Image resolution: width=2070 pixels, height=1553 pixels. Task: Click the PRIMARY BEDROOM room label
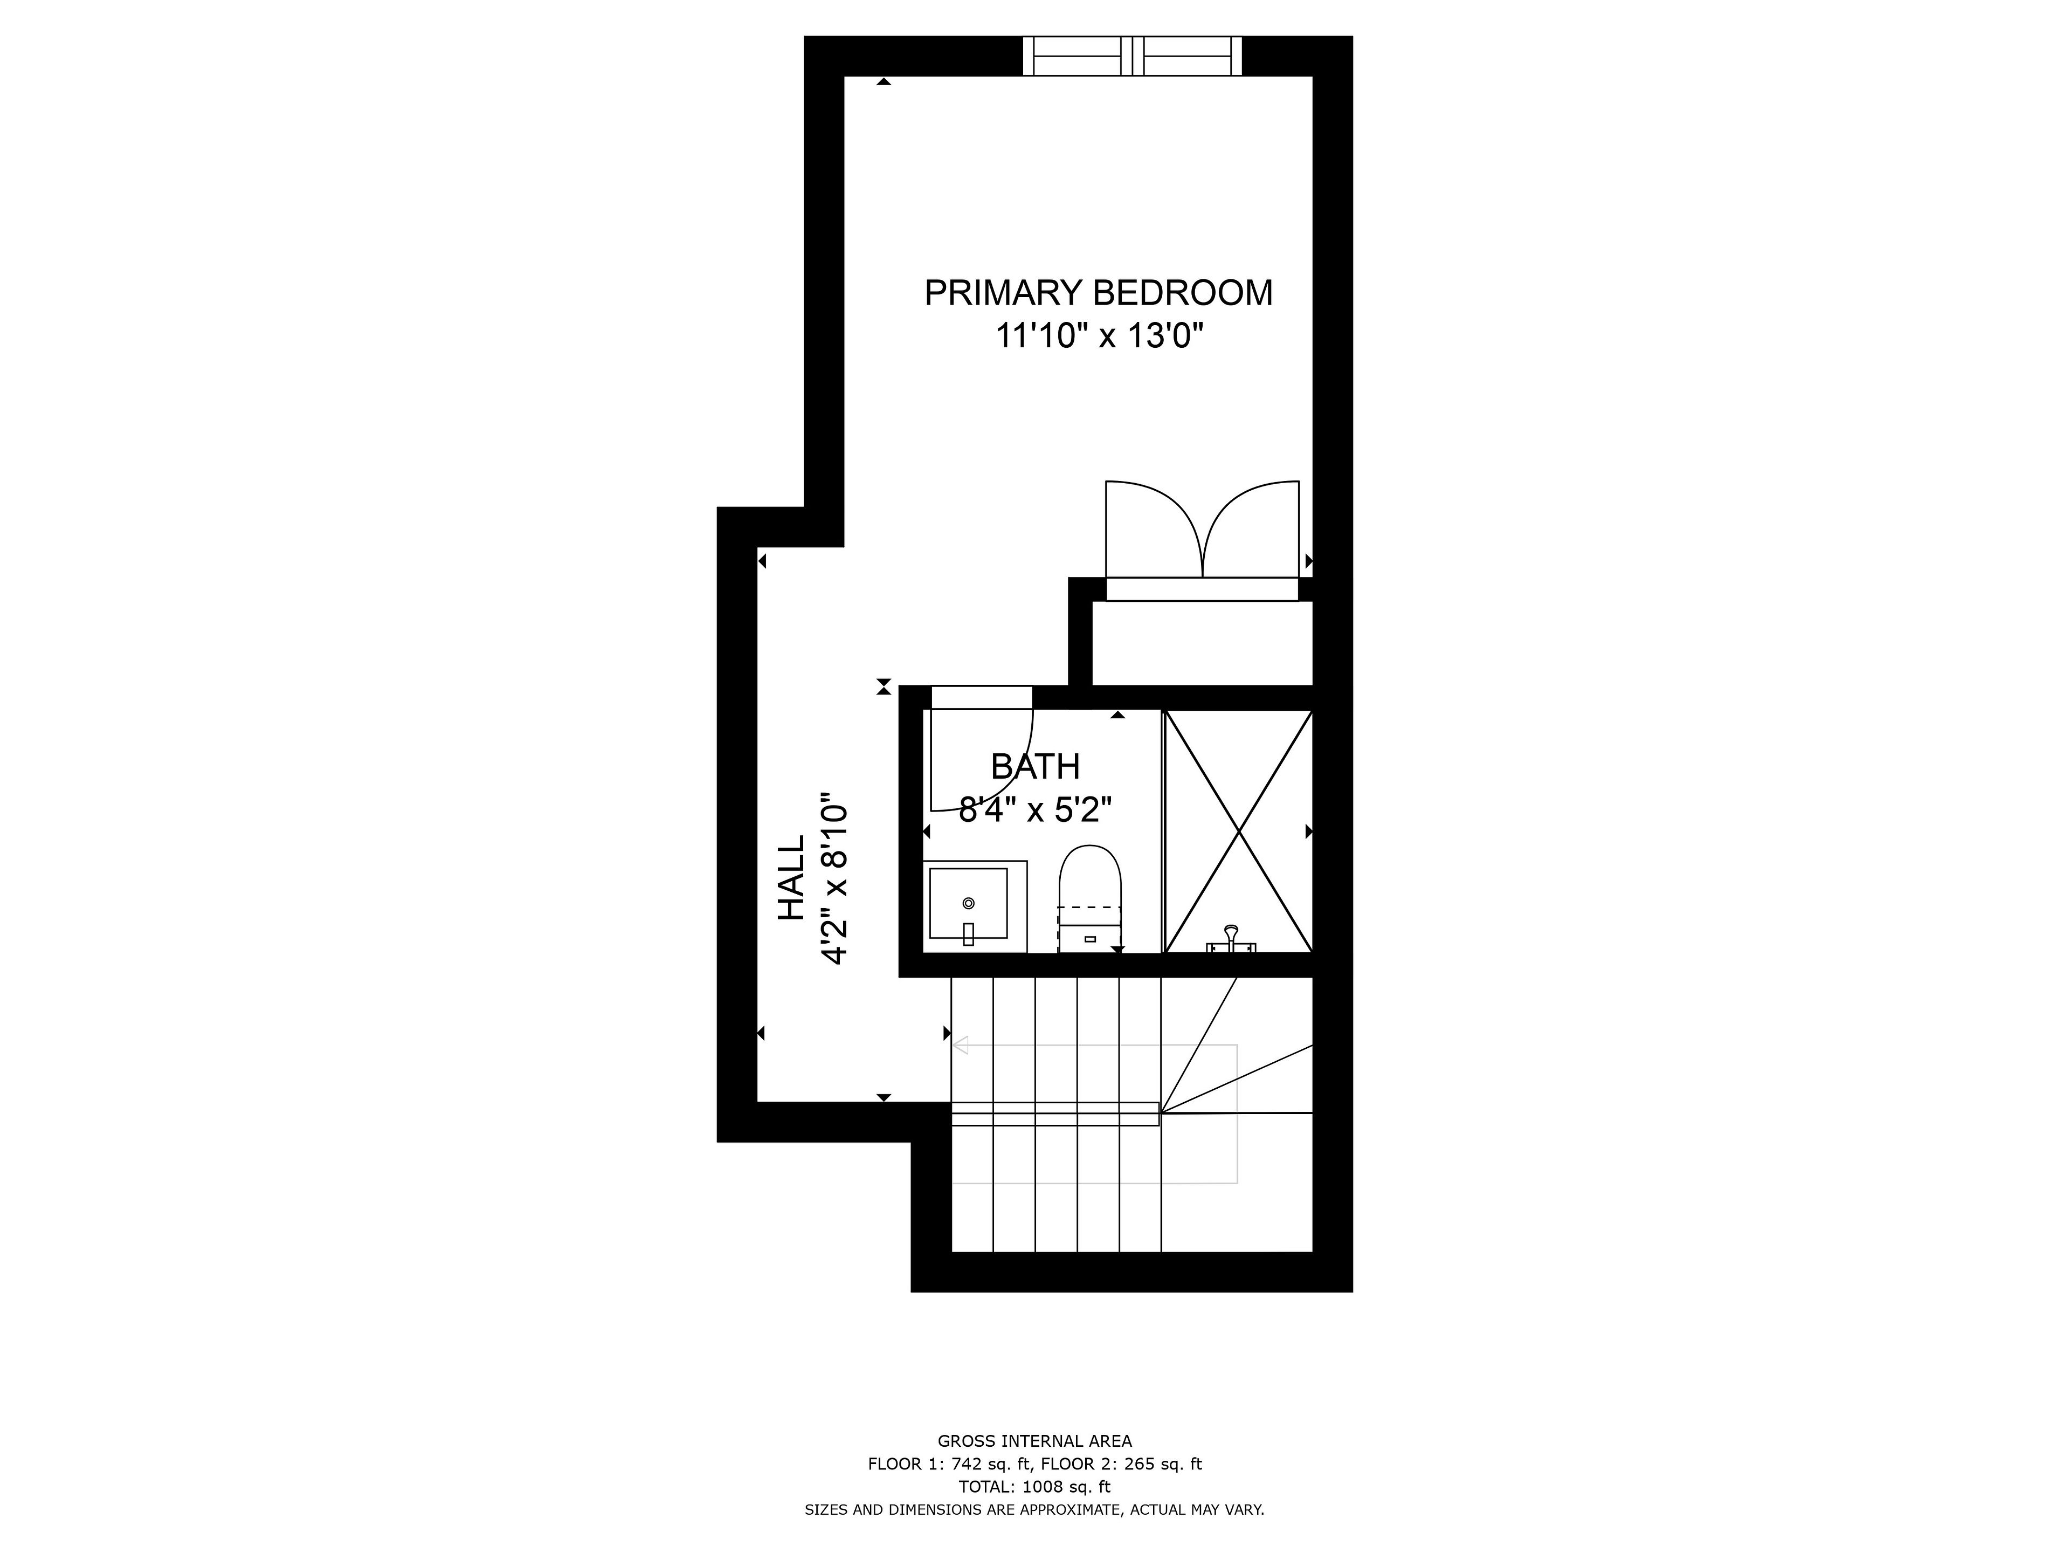1099,293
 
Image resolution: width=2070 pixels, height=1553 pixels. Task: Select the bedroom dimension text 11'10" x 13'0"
1099,335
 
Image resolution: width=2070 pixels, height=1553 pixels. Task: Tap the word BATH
1035,767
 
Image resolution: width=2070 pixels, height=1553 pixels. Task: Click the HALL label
792,878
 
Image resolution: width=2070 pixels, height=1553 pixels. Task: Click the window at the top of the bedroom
1133,56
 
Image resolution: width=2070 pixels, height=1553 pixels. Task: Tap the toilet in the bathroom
1089,899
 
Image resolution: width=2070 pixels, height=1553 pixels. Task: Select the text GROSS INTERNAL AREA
1035,1441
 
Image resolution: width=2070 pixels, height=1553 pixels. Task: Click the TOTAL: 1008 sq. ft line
1035,1487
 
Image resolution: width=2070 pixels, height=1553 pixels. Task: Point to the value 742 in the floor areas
967,1464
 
